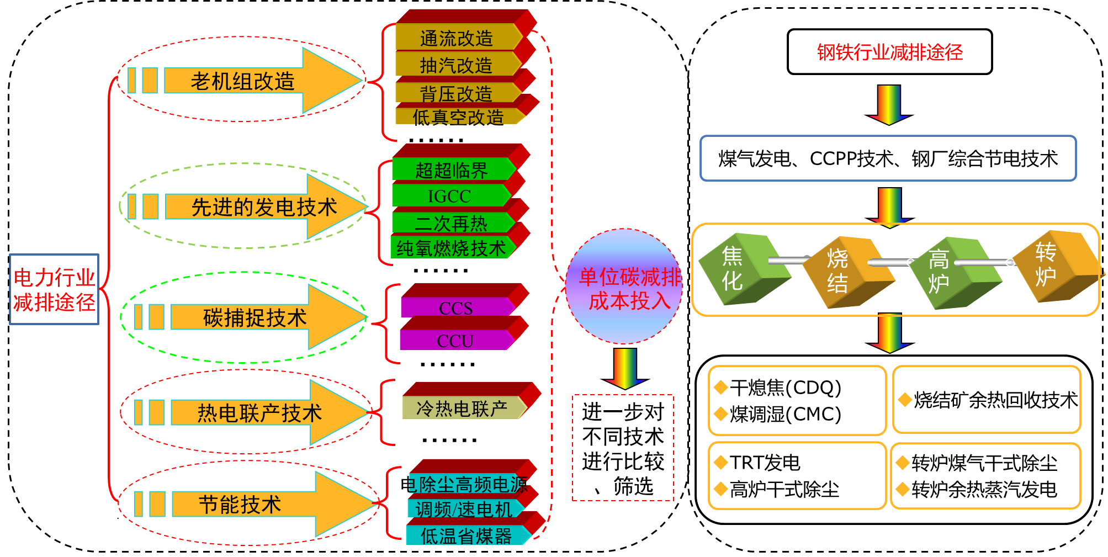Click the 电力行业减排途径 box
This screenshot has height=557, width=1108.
point(54,289)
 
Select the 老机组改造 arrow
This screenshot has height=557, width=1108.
point(243,81)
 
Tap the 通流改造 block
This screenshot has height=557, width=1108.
point(457,38)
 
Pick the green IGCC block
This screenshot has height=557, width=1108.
point(450,196)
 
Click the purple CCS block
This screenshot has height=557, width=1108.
point(456,307)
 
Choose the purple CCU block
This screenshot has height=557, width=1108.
point(455,341)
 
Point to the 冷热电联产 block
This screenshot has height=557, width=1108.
point(462,409)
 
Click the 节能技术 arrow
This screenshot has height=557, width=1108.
point(241,505)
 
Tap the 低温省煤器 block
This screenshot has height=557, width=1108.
point(466,535)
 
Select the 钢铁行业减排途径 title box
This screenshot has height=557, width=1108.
point(889,52)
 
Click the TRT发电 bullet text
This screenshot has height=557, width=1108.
point(765,463)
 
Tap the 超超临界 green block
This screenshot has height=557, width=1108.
point(452,170)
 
